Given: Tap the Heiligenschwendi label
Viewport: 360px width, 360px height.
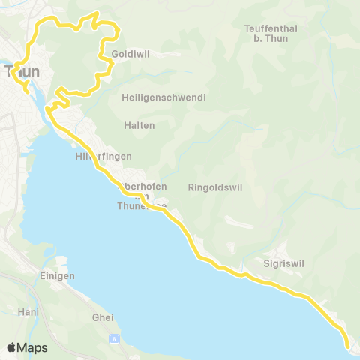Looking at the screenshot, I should [x=163, y=97].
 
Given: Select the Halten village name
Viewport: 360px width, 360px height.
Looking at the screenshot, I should [x=141, y=125].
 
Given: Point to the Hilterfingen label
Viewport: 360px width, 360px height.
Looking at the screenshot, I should [x=103, y=156].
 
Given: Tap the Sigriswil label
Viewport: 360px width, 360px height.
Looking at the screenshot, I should [x=281, y=264].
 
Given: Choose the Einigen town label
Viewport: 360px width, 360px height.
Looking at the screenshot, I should [x=55, y=275].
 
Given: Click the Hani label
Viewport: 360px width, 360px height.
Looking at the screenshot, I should [x=28, y=310].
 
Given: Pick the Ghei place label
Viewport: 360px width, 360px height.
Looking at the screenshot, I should [x=103, y=317].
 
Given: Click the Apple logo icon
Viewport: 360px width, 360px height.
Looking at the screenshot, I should [x=12, y=347].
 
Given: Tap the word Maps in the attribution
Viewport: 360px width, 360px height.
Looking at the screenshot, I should [x=32, y=347].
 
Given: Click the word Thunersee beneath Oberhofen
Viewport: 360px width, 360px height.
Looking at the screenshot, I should [x=142, y=205].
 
